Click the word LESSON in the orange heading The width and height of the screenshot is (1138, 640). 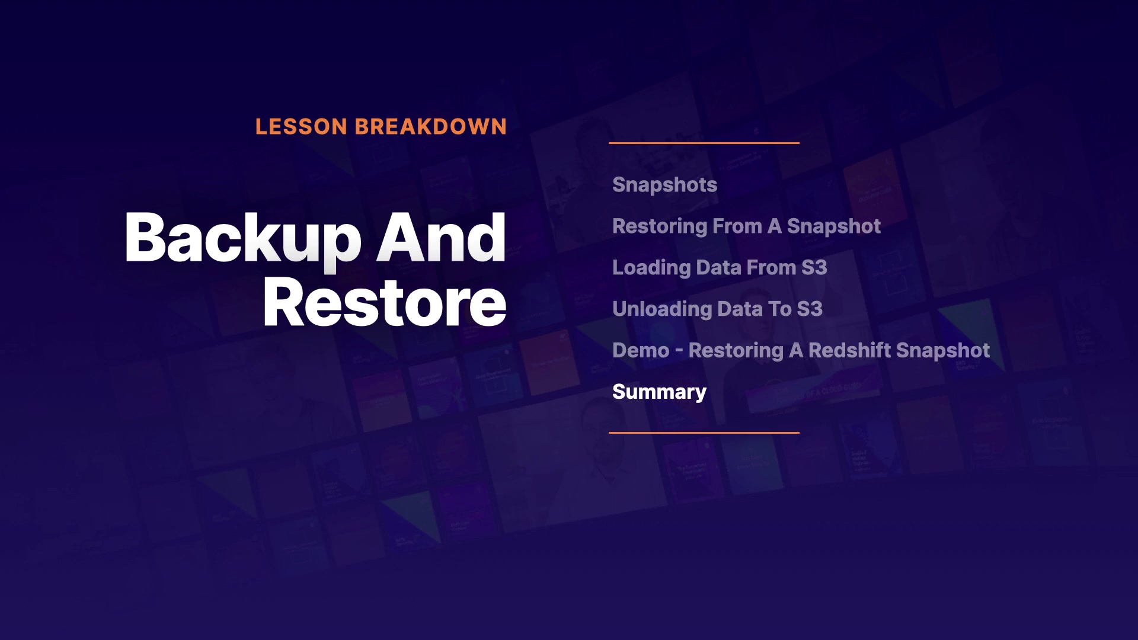pos(301,127)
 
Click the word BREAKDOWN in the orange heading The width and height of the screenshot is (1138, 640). pos(431,127)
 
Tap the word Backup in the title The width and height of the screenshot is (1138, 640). pos(243,238)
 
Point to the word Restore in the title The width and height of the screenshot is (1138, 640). pos(385,303)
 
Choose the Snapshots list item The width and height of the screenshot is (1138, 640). pos(664,185)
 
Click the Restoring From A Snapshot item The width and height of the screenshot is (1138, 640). pos(746,226)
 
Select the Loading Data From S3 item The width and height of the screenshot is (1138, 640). pos(720,268)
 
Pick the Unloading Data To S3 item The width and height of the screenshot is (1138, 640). pos(717,309)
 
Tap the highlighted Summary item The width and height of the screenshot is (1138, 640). pos(659,392)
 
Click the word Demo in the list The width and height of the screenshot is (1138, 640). pos(641,350)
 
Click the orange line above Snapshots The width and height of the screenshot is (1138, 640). pos(704,143)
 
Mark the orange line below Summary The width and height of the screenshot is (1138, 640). pos(704,433)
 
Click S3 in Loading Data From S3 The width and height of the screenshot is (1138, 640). pos(814,268)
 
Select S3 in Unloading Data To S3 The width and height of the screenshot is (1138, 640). pos(810,309)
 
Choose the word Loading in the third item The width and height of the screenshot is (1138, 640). pos(651,268)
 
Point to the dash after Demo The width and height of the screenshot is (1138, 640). pos(679,351)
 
